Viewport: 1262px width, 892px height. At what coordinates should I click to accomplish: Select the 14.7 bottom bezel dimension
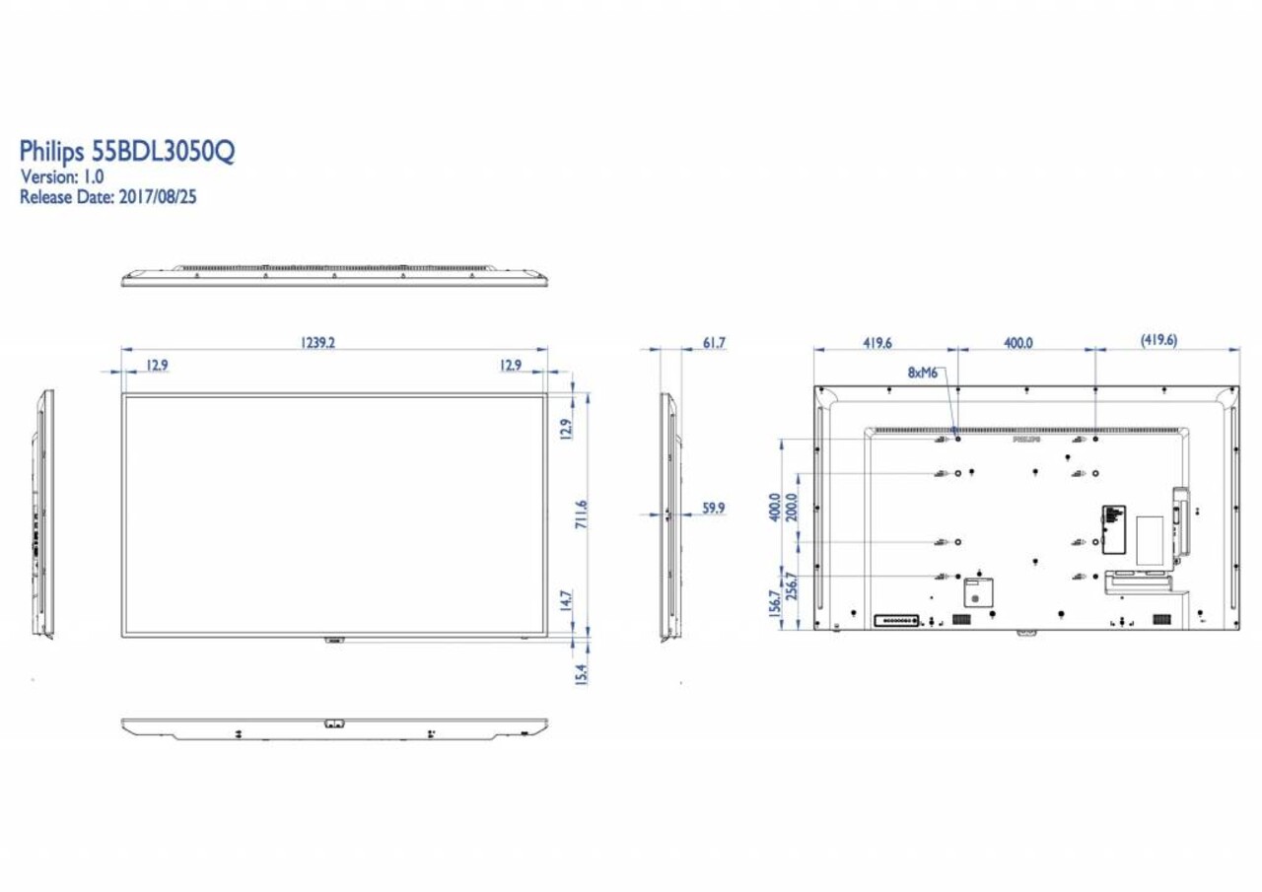[566, 601]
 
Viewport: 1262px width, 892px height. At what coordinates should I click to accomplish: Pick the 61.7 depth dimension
[714, 342]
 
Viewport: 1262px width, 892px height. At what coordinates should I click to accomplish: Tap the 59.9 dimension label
[714, 508]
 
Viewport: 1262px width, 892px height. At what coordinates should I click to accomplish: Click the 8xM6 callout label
[923, 373]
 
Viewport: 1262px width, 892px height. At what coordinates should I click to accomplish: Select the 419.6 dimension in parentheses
[1158, 341]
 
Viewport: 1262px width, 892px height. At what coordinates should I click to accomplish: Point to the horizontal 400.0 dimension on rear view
[1018, 342]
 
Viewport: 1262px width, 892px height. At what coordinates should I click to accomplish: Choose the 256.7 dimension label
[790, 587]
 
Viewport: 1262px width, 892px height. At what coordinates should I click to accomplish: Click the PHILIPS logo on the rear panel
[1026, 441]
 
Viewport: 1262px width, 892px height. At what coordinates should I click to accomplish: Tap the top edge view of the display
[334, 276]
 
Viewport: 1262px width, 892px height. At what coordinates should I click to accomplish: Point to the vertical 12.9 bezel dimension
[566, 431]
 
